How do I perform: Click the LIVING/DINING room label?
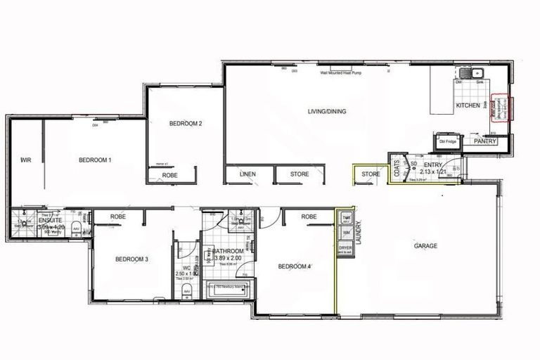[324, 111]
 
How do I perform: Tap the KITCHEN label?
[468, 105]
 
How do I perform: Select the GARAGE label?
[426, 246]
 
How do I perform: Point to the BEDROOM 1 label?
[95, 160]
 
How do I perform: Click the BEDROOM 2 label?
[186, 124]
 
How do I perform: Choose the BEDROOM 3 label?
[131, 259]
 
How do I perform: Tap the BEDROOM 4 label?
[295, 266]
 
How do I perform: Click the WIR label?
[26, 160]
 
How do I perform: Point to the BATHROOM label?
[230, 251]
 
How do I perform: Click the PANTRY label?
[485, 141]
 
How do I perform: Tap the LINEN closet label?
[247, 174]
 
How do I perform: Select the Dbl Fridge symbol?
[448, 141]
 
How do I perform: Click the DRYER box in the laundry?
[345, 248]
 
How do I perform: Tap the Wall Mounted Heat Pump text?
[339, 73]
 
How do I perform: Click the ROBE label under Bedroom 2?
[169, 175]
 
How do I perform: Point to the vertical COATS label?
[397, 168]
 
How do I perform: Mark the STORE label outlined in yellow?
[371, 174]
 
